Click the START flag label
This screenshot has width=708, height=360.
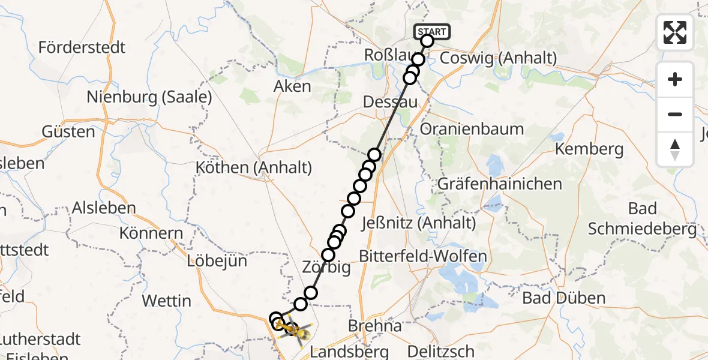[431, 31]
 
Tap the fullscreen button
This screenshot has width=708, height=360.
[675, 32]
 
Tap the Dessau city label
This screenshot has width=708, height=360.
[390, 103]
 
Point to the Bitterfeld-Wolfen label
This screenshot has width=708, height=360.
[423, 256]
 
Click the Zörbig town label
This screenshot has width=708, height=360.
[327, 268]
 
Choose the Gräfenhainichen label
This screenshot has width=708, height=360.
[500, 184]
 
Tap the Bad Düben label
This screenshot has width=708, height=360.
[563, 298]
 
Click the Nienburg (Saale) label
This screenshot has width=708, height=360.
[149, 97]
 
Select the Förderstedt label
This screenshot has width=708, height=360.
[82, 47]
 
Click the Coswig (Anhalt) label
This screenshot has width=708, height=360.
[499, 58]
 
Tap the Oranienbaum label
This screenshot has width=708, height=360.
[472, 129]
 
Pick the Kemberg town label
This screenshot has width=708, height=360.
[589, 149]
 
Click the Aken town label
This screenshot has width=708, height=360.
[292, 86]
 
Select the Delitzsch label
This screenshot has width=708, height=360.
[441, 351]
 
